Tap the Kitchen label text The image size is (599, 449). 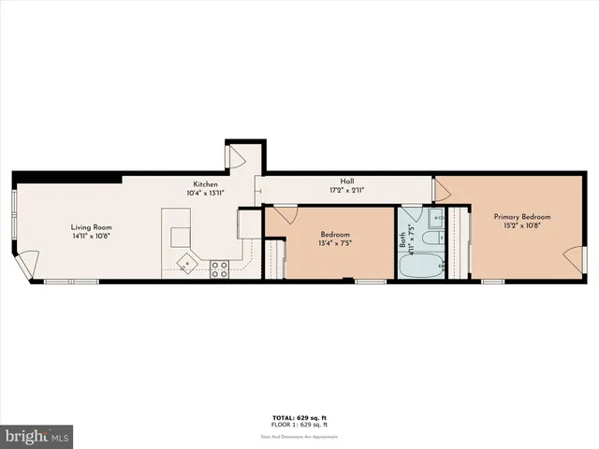[207, 183]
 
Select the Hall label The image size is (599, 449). [347, 181]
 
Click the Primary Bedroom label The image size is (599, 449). [522, 217]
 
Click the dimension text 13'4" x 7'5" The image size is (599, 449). [335, 243]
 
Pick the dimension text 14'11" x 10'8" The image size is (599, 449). [92, 237]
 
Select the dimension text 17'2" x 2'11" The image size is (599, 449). [347, 190]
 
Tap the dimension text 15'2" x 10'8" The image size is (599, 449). [522, 226]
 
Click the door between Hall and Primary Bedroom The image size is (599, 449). [442, 191]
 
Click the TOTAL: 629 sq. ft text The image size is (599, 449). [299, 418]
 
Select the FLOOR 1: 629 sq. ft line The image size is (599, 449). [299, 425]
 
